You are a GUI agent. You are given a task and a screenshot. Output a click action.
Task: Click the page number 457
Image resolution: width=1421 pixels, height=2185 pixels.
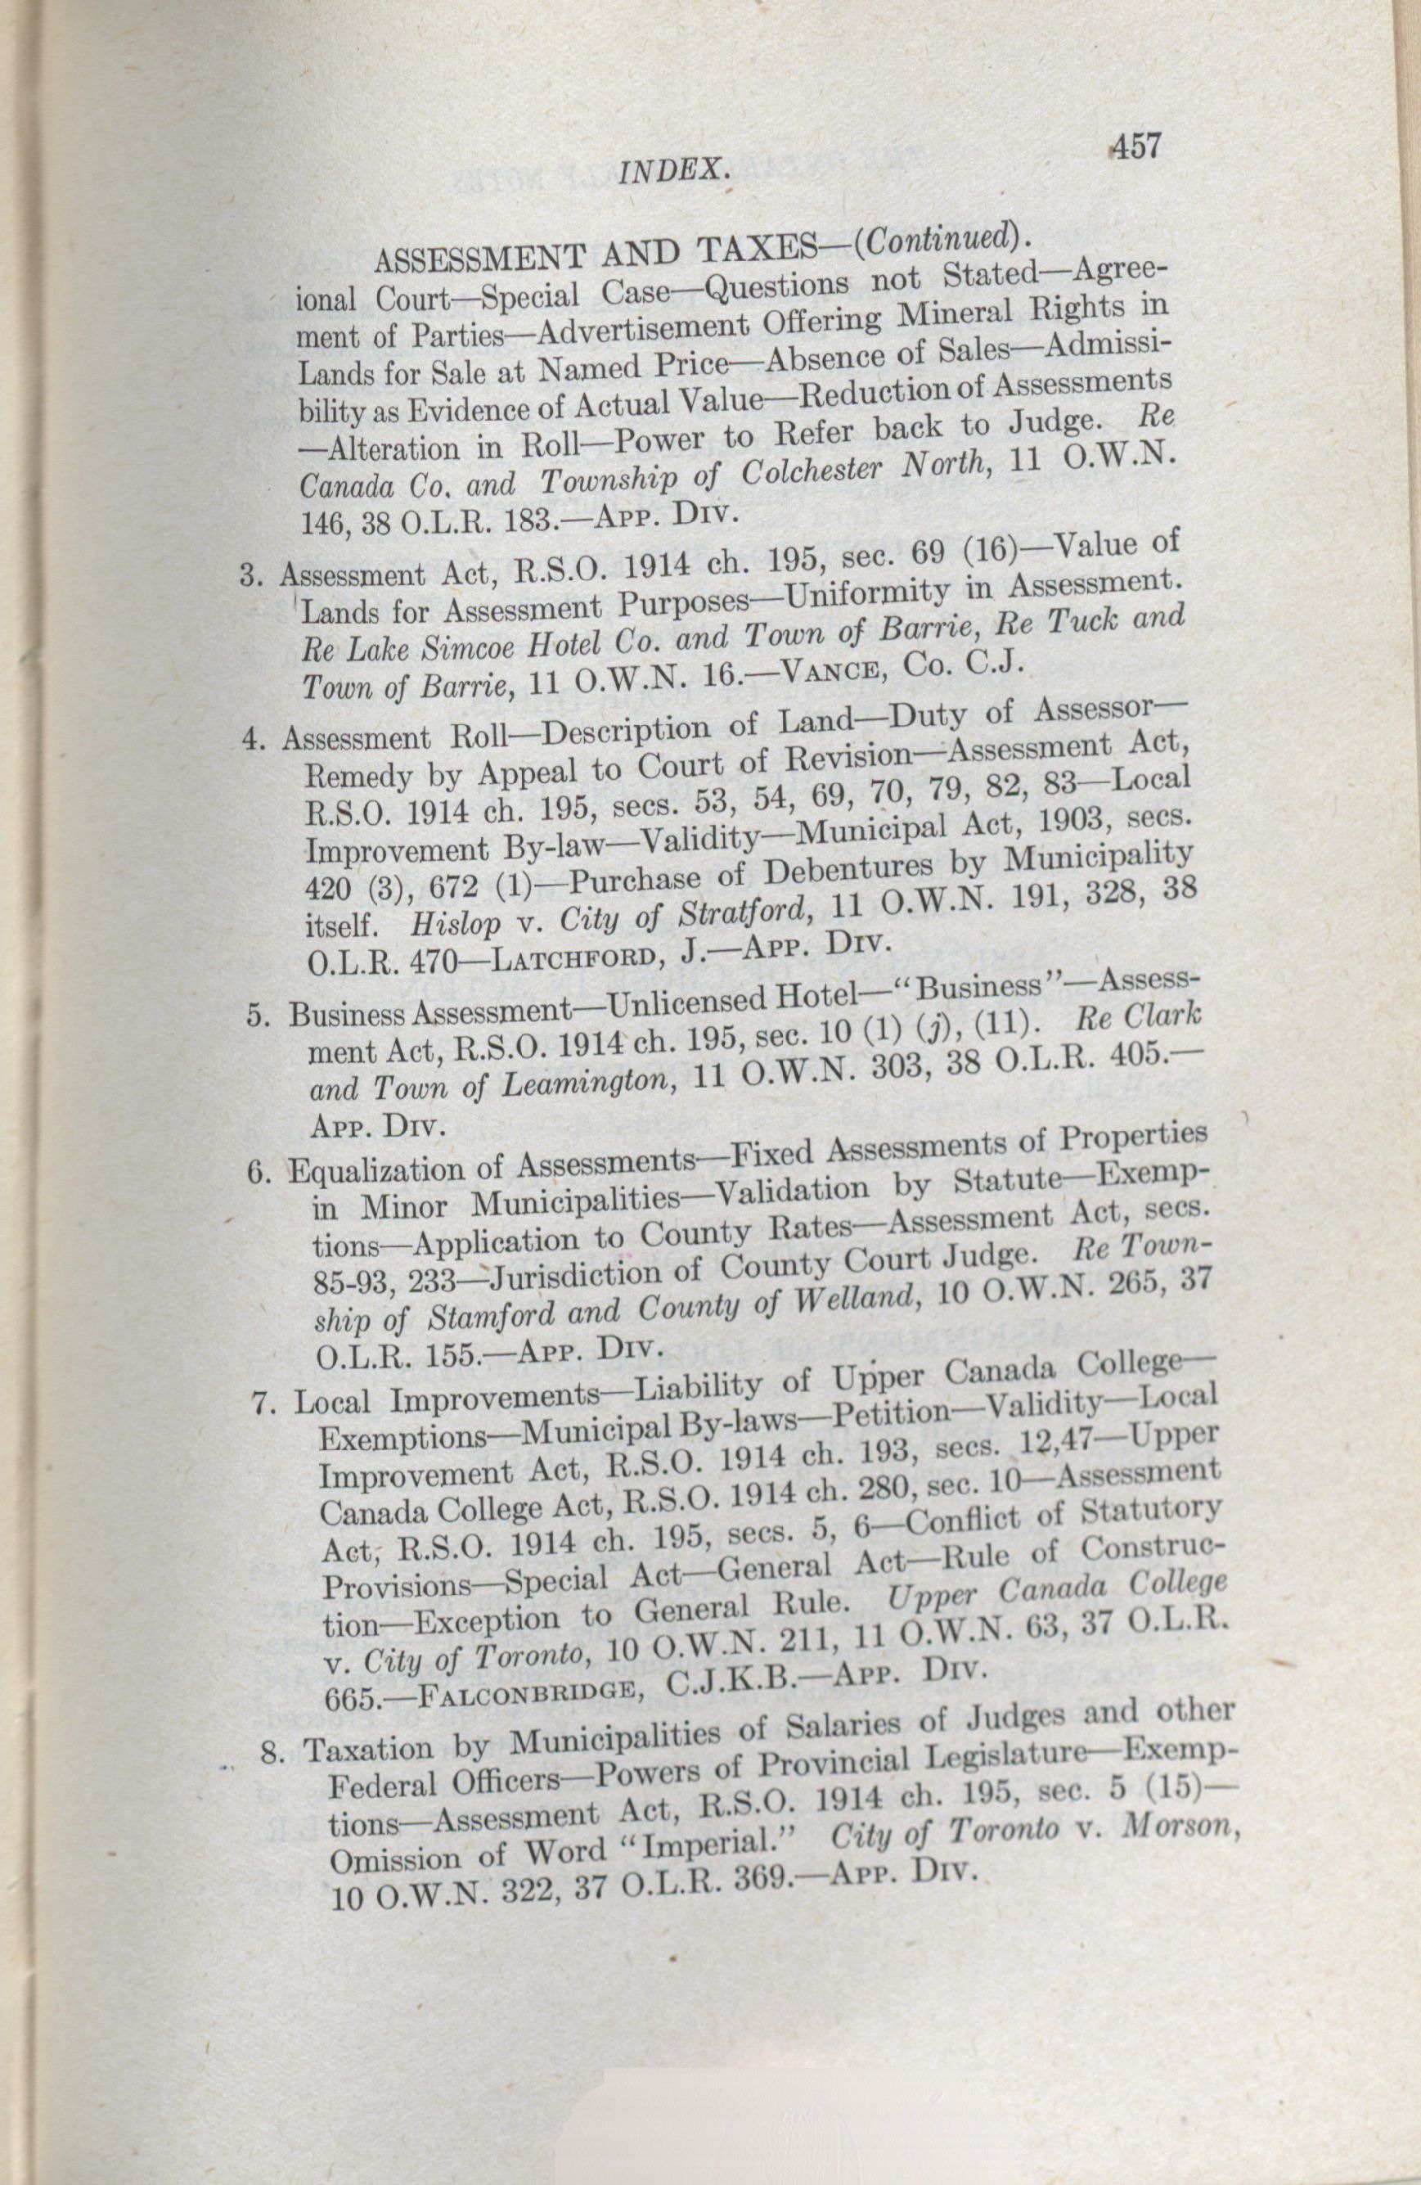point(1135,146)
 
